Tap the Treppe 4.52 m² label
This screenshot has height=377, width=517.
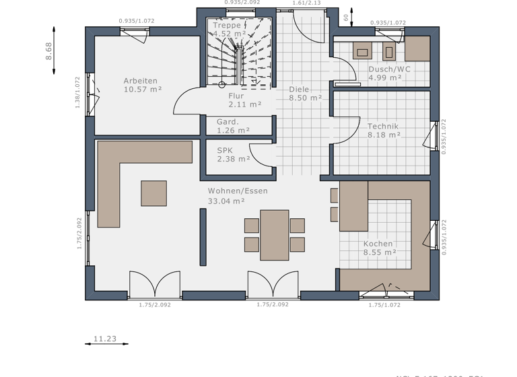coord(227,29)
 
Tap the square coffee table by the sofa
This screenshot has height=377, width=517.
coord(153,193)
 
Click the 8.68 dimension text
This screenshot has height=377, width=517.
coord(48,51)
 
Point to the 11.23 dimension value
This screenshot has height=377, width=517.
coord(105,339)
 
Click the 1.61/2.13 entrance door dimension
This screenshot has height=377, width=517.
coord(306,3)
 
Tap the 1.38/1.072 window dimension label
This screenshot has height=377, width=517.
coord(77,92)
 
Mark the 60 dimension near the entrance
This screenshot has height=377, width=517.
coord(346,18)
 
